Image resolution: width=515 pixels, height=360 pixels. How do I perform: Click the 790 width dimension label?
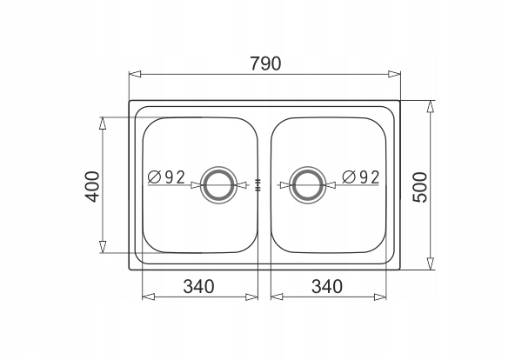[x=265, y=63]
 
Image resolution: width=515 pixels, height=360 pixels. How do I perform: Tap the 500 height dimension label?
[x=420, y=187]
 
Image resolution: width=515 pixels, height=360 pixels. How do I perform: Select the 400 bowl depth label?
[x=92, y=186]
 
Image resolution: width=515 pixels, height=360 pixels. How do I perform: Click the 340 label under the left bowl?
[x=198, y=286]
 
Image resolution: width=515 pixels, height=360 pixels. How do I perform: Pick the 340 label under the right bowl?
[x=327, y=286]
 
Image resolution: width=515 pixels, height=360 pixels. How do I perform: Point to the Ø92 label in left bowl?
[x=166, y=177]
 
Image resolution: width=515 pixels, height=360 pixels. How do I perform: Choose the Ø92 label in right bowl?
[x=361, y=177]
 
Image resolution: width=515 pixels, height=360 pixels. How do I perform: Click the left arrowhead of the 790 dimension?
[x=135, y=74]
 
